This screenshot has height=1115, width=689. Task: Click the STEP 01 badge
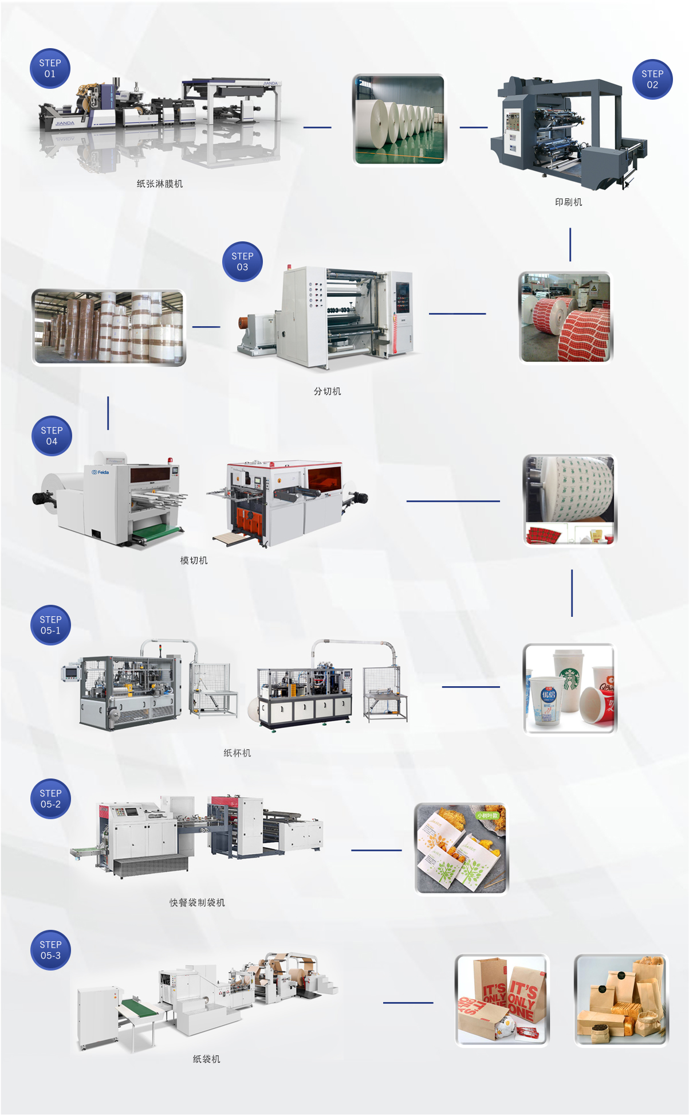[x=50, y=68]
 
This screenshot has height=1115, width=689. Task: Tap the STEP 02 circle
[x=652, y=79]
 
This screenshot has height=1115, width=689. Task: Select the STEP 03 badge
[x=242, y=261]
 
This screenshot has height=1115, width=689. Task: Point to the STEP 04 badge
[x=52, y=436]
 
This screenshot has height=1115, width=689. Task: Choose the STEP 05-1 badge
[x=50, y=625]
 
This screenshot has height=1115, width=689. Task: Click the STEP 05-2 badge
[x=50, y=799]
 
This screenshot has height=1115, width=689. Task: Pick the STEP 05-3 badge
[x=50, y=950]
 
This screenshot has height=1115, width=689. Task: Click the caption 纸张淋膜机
[x=160, y=184]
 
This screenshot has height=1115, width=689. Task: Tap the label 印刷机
[x=568, y=202]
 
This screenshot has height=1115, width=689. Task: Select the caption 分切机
[x=327, y=392]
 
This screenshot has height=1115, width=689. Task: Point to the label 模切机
[x=194, y=561]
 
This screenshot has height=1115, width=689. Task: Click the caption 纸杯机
[x=237, y=753]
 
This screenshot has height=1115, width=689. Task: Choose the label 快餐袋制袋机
[x=197, y=903]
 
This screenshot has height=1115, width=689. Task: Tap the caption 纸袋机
[x=206, y=1059]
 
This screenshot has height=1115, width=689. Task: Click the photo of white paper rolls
[x=399, y=119]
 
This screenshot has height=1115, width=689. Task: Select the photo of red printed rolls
[x=565, y=317]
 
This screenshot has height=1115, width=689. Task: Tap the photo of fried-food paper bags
[x=461, y=848]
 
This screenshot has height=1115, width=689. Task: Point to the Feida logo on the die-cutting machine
[x=100, y=472]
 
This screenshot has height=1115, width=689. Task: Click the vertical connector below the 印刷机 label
[x=570, y=244]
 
